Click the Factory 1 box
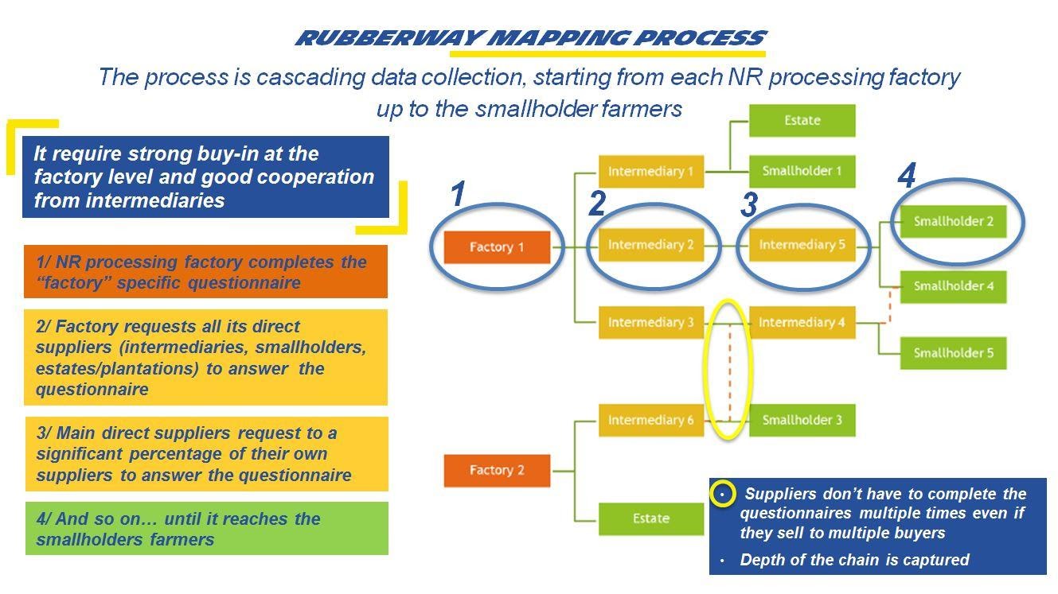tap(497, 247)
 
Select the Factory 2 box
tap(497, 470)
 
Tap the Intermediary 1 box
tap(650, 171)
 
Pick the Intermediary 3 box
tap(650, 322)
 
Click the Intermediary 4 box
tap(802, 322)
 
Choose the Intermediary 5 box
tap(802, 245)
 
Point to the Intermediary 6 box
tap(650, 420)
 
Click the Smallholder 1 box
tap(802, 171)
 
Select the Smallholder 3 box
tap(802, 420)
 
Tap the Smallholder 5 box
tap(953, 353)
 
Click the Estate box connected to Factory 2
tap(650, 518)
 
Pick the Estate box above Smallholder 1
tap(802, 121)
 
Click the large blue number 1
tap(457, 195)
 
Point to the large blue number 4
tap(906, 177)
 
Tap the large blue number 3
tap(748, 205)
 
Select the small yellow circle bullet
tap(722, 494)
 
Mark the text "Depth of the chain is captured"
tap(854, 560)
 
